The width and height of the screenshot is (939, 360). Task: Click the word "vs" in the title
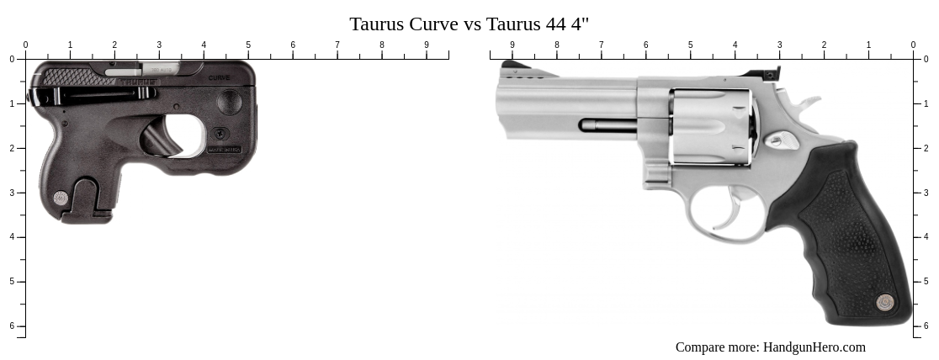[471, 24]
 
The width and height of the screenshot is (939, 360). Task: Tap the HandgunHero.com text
[814, 347]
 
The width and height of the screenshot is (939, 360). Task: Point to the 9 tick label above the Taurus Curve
[427, 45]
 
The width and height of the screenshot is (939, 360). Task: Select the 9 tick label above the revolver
[512, 45]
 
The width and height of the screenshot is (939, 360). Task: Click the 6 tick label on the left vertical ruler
[12, 326]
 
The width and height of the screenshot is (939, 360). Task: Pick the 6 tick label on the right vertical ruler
[926, 326]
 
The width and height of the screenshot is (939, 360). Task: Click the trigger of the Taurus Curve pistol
[164, 137]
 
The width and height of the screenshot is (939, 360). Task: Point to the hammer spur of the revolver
[806, 104]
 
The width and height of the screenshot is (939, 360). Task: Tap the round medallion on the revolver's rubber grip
[884, 301]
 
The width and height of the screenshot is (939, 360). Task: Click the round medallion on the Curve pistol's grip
[61, 199]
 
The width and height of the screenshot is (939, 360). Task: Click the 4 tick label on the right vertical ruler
[926, 237]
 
